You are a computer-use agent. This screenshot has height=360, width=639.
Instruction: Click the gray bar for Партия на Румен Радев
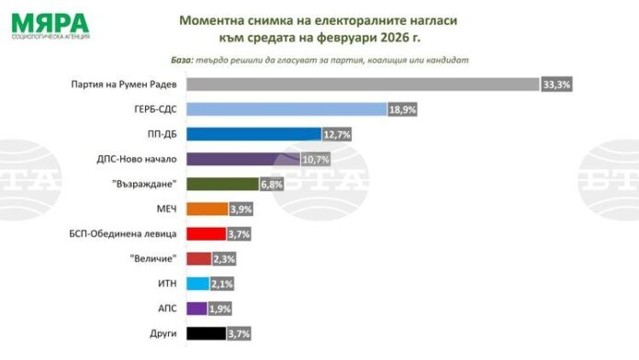tap(363, 84)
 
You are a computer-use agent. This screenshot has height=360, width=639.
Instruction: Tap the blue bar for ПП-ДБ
tap(253, 134)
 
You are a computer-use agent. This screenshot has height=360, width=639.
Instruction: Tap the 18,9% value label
tap(400, 109)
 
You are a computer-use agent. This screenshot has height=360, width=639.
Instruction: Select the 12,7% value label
tap(338, 134)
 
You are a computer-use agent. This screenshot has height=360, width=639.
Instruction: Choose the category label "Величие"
tap(153, 259)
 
